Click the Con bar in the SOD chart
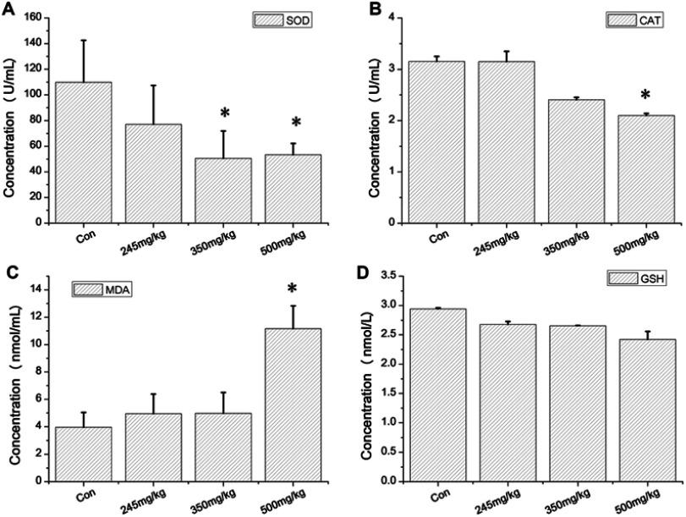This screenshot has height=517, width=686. [x=83, y=152]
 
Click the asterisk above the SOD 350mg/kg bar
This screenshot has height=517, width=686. [x=224, y=113]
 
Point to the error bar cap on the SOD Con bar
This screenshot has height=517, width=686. [x=83, y=40]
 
